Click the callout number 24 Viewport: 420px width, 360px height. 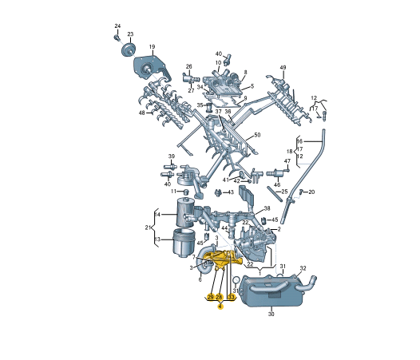[x=117, y=26]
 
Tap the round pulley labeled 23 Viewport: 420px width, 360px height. [x=128, y=49]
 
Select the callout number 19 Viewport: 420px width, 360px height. [x=152, y=46]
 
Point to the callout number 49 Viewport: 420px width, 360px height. [x=283, y=68]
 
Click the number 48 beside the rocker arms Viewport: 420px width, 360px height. [x=141, y=113]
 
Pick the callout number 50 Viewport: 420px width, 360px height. [x=257, y=135]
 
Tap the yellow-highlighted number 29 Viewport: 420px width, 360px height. [x=211, y=297]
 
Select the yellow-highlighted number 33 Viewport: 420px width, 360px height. [x=231, y=297]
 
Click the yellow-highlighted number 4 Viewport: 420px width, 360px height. [x=220, y=307]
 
